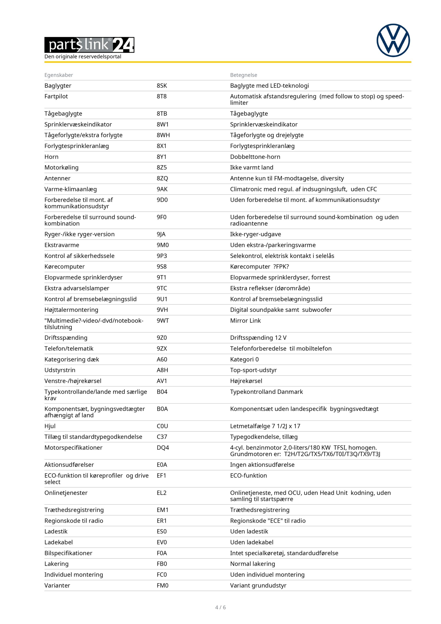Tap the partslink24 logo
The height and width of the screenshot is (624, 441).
[x=89, y=45]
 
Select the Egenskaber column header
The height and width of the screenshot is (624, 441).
[x=59, y=75]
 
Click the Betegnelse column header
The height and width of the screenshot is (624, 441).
[x=243, y=75]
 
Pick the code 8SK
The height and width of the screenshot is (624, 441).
[x=162, y=86]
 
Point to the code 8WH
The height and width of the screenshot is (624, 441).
[x=163, y=135]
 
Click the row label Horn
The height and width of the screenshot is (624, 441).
[x=51, y=157]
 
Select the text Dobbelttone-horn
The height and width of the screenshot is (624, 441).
[x=255, y=157]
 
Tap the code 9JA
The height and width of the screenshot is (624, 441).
[x=161, y=234]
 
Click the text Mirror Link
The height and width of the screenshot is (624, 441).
[x=245, y=321]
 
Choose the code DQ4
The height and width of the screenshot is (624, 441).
[x=163, y=448]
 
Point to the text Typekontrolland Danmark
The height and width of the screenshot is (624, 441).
[x=266, y=392]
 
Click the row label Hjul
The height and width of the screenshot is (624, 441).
[x=50, y=426]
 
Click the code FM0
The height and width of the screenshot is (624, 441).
[x=162, y=585]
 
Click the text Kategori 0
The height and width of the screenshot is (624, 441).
[x=244, y=359]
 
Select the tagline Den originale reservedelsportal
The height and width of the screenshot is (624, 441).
[x=83, y=57]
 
